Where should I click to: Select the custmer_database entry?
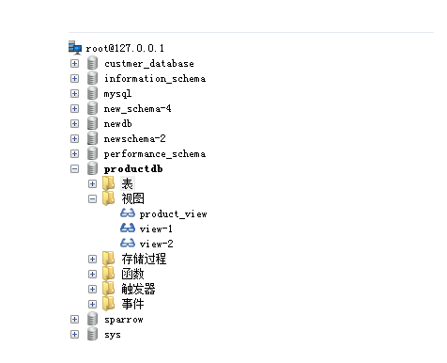[148, 63]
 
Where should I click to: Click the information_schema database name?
[154, 78]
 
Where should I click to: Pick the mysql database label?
[117, 93]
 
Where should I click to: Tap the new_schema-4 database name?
[137, 108]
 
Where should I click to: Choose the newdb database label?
[118, 123]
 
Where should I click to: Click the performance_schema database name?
[154, 153]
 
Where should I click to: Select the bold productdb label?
[132, 168]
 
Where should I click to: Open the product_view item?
[173, 213]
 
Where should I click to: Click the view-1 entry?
[156, 229]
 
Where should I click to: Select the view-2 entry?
[156, 244]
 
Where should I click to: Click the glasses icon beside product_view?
[128, 213]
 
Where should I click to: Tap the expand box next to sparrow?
[75, 319]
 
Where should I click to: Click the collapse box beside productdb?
[75, 168]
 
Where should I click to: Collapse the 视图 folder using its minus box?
[93, 198]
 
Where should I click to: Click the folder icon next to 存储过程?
[110, 259]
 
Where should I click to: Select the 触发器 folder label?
[138, 289]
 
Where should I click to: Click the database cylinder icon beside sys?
[92, 334]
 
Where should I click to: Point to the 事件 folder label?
[132, 304]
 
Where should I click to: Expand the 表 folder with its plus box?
[93, 183]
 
